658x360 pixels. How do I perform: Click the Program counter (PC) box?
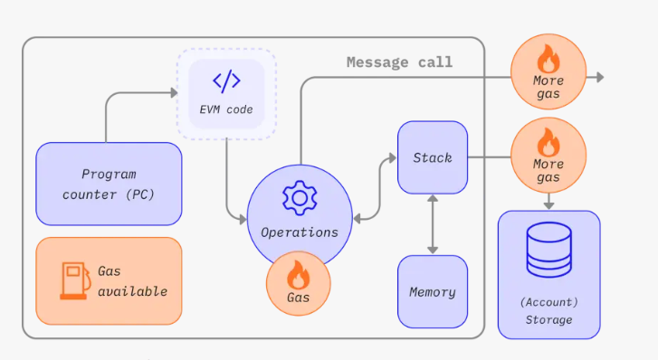tap(110, 184)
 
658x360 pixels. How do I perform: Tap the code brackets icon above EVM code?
tap(226, 81)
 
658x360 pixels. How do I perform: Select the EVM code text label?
tap(226, 109)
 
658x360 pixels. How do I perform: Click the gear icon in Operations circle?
tap(300, 198)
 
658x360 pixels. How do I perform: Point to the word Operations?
tap(300, 232)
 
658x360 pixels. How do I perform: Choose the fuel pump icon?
tap(75, 280)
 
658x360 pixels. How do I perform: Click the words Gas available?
tap(133, 281)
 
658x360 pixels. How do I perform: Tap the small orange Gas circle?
tap(299, 283)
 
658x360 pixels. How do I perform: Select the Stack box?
tap(433, 157)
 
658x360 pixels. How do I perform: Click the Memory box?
tap(433, 291)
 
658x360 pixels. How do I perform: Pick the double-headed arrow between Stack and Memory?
tap(433, 224)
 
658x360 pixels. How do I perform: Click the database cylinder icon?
tap(548, 250)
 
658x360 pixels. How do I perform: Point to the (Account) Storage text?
tap(548, 311)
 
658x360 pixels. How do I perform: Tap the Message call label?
tap(399, 62)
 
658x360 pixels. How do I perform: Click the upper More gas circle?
tap(548, 71)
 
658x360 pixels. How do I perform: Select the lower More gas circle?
tap(548, 156)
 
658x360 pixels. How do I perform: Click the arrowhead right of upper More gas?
tap(600, 77)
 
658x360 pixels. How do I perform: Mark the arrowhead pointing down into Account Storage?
tap(548, 205)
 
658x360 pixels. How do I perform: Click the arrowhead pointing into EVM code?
tap(174, 93)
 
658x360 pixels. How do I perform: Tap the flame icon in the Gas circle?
tap(299, 274)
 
